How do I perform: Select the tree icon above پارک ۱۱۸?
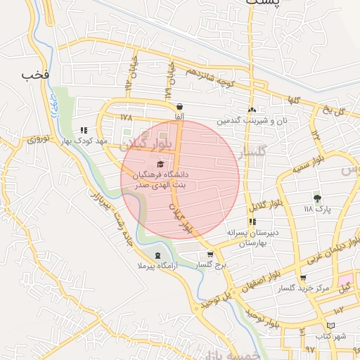point(317,198)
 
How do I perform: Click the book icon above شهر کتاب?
point(330,326)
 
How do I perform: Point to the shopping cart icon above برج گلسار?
point(210,254)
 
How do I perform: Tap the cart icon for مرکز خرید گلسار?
point(303,278)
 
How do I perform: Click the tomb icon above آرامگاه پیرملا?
point(157,255)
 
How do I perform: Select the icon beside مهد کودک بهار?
point(84,130)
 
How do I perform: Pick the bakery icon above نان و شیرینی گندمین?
point(252,110)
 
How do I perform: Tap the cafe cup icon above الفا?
point(179,106)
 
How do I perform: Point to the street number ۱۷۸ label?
point(127,117)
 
